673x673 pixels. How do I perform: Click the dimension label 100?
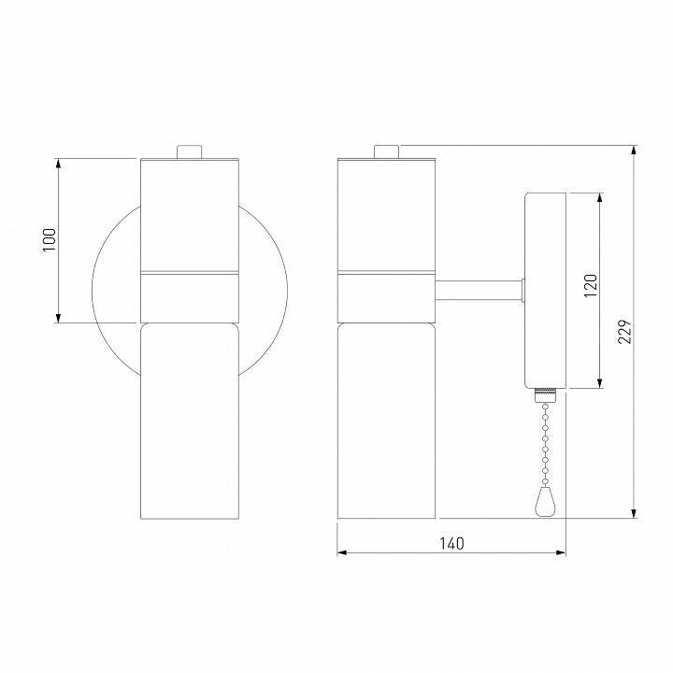[x=50, y=240]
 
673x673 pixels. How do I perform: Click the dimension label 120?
[x=590, y=287]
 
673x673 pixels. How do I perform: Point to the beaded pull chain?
[x=544, y=446]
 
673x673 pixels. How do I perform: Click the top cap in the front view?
[x=191, y=151]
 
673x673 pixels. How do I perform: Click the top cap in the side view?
[x=386, y=151]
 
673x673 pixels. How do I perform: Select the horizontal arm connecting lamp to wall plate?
[x=479, y=291]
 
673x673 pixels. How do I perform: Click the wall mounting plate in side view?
[x=546, y=290]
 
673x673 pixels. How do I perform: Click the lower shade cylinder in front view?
[x=190, y=420]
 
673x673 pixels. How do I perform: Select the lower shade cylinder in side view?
[x=386, y=420]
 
